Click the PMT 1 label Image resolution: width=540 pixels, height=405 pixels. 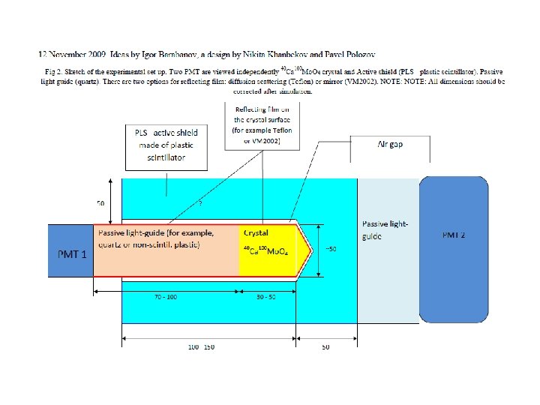point(73,253)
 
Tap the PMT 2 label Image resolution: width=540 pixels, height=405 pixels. point(454,235)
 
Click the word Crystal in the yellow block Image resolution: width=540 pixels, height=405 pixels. point(256,233)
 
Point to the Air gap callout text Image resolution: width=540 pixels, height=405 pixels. point(390,145)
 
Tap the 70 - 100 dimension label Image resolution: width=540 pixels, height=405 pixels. point(166,298)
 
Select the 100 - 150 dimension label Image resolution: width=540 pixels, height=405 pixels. point(202,347)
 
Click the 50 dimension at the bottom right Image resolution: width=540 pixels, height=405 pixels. point(325,347)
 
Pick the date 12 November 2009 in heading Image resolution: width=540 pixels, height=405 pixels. point(72,54)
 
